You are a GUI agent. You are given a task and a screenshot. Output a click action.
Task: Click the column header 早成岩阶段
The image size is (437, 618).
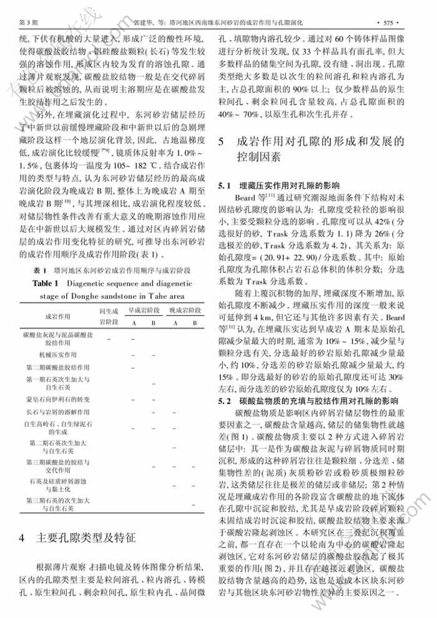tap(142, 310)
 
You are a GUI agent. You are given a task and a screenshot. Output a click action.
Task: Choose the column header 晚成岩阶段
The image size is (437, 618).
tap(183, 310)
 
